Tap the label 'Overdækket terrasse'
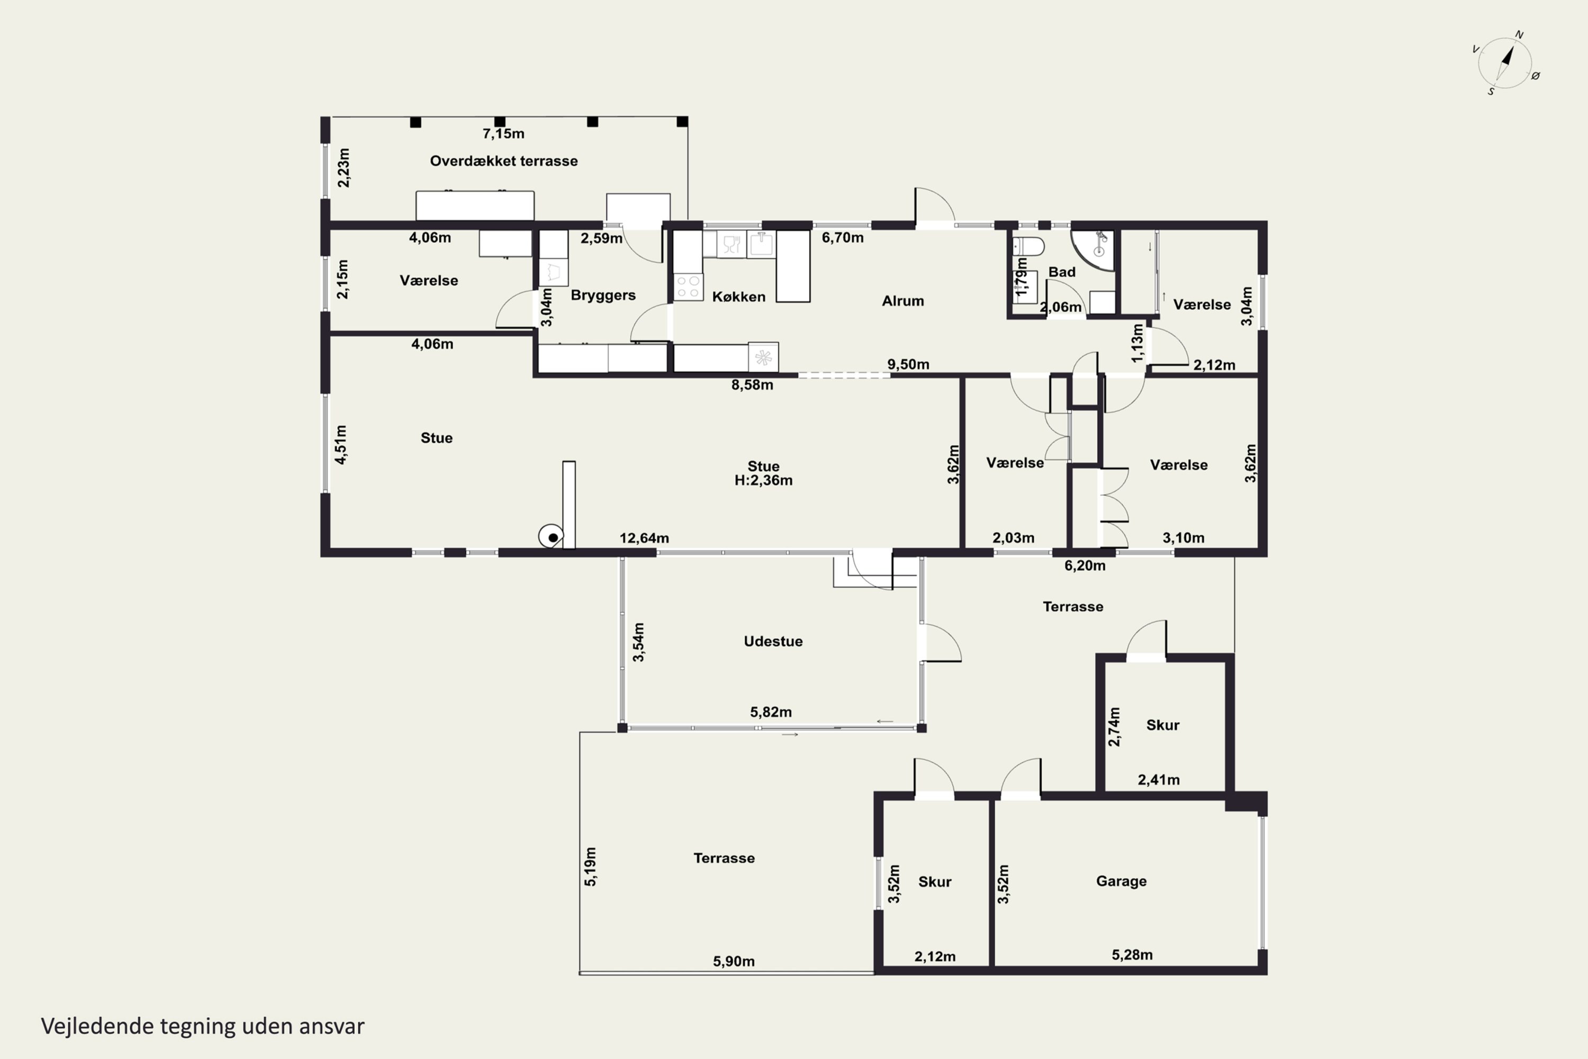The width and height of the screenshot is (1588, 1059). [504, 161]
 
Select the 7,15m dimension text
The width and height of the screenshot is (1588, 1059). [503, 134]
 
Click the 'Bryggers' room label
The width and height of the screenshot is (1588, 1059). [603, 295]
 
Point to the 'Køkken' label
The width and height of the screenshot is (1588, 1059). [738, 297]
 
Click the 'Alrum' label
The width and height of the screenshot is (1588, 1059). [903, 301]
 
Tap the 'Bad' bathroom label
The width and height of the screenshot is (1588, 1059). [1061, 272]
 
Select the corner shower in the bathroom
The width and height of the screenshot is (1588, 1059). [1093, 250]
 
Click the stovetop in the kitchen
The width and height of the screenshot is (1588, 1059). [688, 286]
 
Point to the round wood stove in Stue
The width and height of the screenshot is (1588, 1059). [552, 537]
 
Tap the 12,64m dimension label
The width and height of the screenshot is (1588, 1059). [644, 539]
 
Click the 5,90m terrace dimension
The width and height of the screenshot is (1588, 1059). [733, 961]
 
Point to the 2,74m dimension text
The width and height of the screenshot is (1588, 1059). [1114, 726]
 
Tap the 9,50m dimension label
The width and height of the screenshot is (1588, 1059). [908, 365]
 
